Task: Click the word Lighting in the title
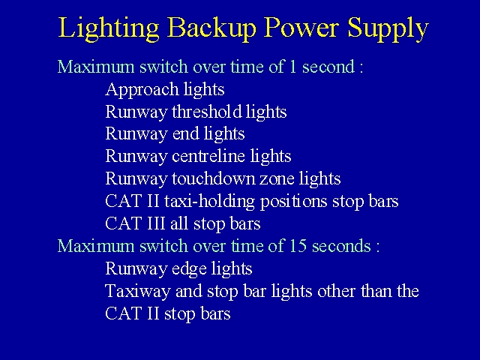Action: point(109,28)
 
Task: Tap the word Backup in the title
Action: point(211,28)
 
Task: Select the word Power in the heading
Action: point(301,27)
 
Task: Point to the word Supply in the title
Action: point(388,28)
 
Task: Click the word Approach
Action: point(142,90)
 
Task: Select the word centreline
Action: point(208,156)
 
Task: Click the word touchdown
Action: point(213,178)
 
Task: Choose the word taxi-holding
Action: point(209,202)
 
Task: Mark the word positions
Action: point(293,202)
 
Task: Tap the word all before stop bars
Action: point(179,223)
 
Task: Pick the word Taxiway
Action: point(138,292)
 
